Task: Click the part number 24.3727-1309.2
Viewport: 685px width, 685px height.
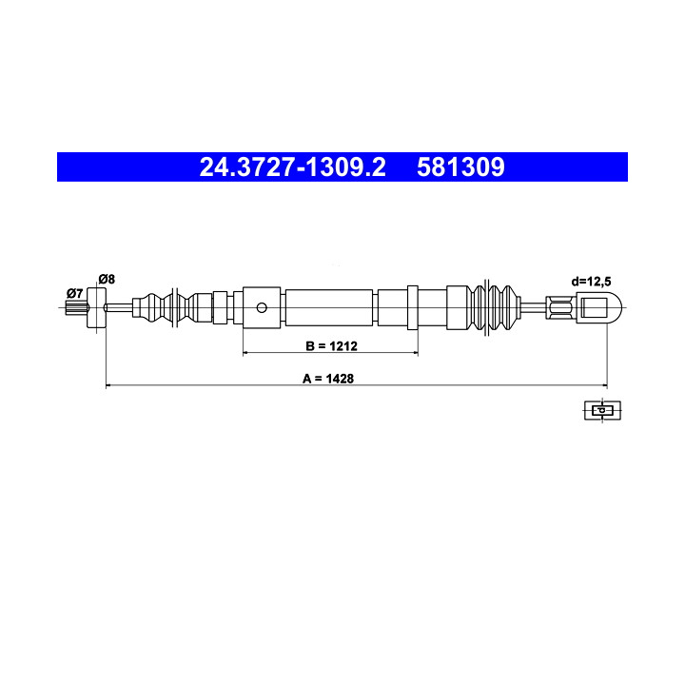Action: pyautogui.click(x=292, y=166)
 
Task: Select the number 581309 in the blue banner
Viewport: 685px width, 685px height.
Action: pyautogui.click(x=460, y=166)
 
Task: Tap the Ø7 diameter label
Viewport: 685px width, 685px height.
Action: pyautogui.click(x=75, y=293)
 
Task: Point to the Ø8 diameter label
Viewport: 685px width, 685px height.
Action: pyautogui.click(x=107, y=279)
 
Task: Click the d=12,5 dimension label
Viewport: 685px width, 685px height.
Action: pyautogui.click(x=591, y=282)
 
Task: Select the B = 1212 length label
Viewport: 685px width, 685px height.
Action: pyautogui.click(x=332, y=346)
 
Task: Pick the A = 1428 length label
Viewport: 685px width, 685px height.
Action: pyautogui.click(x=328, y=379)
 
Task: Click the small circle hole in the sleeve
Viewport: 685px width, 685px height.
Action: pyautogui.click(x=262, y=307)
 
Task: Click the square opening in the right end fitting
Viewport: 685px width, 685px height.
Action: pyautogui.click(x=594, y=307)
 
